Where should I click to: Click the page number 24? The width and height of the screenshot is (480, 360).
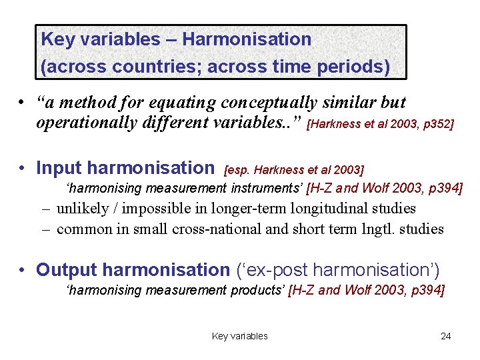point(445,336)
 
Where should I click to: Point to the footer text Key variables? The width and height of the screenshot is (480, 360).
point(239,336)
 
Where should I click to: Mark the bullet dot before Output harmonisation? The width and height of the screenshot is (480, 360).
point(23,270)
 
